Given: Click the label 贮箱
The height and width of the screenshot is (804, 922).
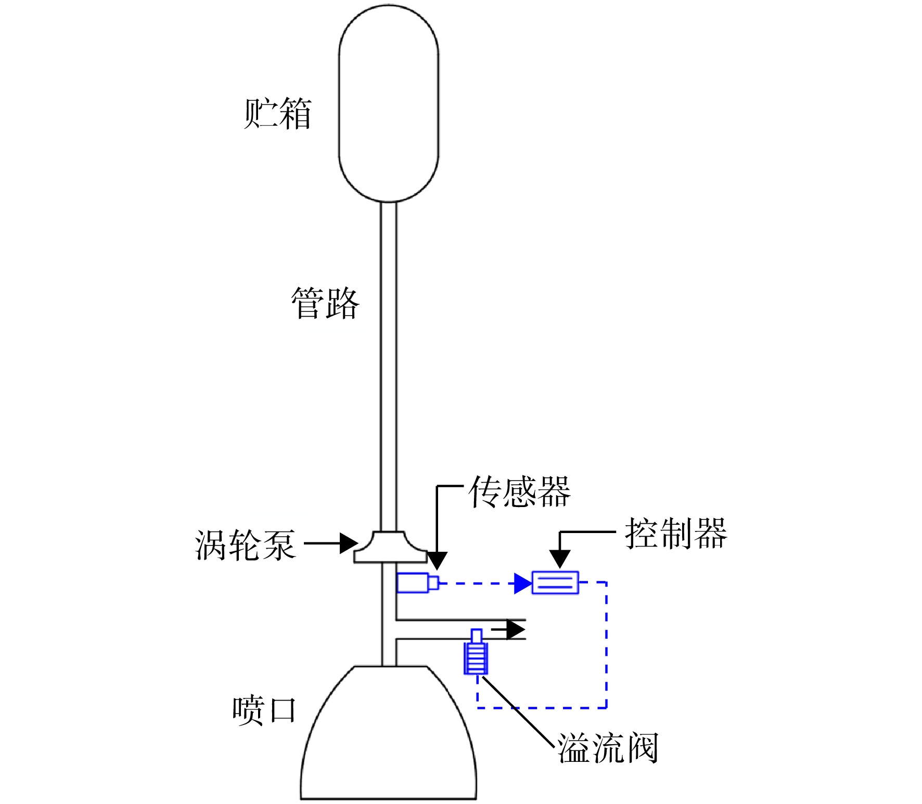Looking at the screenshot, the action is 277,113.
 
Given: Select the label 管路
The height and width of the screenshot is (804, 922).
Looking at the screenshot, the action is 325,303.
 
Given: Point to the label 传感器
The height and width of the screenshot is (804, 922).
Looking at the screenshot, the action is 520,491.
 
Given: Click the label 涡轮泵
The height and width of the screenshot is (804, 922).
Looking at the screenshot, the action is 246,545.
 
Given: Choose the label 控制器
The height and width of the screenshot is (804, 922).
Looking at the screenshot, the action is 676,533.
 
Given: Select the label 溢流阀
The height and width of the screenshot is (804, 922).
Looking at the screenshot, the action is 608,748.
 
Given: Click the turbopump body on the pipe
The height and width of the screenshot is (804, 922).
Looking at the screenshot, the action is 390,547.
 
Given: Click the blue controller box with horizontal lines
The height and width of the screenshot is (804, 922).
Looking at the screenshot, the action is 555,582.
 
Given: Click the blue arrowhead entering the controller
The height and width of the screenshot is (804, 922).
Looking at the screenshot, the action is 523,583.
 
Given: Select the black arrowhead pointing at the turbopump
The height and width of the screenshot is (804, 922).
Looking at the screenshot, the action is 349,543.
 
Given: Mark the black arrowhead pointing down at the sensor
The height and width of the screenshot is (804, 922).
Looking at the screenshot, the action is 437,561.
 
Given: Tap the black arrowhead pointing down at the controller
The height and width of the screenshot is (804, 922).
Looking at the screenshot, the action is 560,559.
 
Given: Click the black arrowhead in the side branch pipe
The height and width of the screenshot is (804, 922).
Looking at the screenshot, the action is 516,630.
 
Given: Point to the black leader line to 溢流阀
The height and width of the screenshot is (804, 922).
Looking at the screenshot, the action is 519,710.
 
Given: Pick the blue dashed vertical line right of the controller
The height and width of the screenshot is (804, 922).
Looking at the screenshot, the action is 607,645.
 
